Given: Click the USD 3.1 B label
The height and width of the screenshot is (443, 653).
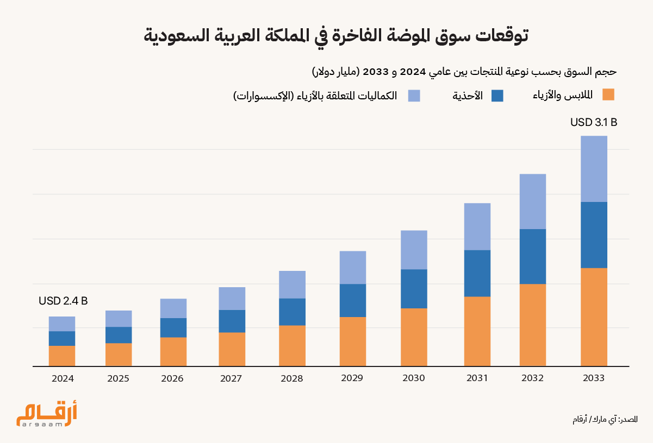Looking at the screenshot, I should pos(593,123).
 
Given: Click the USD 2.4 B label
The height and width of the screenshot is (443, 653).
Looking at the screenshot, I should pos(63,301).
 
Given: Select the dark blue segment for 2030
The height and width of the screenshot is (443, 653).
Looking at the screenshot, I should pos(414,289).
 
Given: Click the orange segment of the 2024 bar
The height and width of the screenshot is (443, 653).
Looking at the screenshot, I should pos(62,356).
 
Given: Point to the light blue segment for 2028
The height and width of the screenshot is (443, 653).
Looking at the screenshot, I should pos(292,284).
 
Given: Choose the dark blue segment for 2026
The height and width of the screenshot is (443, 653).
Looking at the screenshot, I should pos(173,327).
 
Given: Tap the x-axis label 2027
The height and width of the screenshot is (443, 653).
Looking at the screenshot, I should pos(231,378).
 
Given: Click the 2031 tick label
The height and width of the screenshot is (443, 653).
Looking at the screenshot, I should pos(477,378).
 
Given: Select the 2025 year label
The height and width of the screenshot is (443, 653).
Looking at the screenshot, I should pos(118,378).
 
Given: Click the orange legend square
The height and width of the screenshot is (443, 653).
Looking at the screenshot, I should pos(608,95).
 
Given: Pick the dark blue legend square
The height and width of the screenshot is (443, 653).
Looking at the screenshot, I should pos(497,96).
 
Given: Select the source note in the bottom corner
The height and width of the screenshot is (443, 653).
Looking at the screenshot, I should pos(605,420).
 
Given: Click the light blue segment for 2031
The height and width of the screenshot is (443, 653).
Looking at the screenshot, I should pos(477,226).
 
